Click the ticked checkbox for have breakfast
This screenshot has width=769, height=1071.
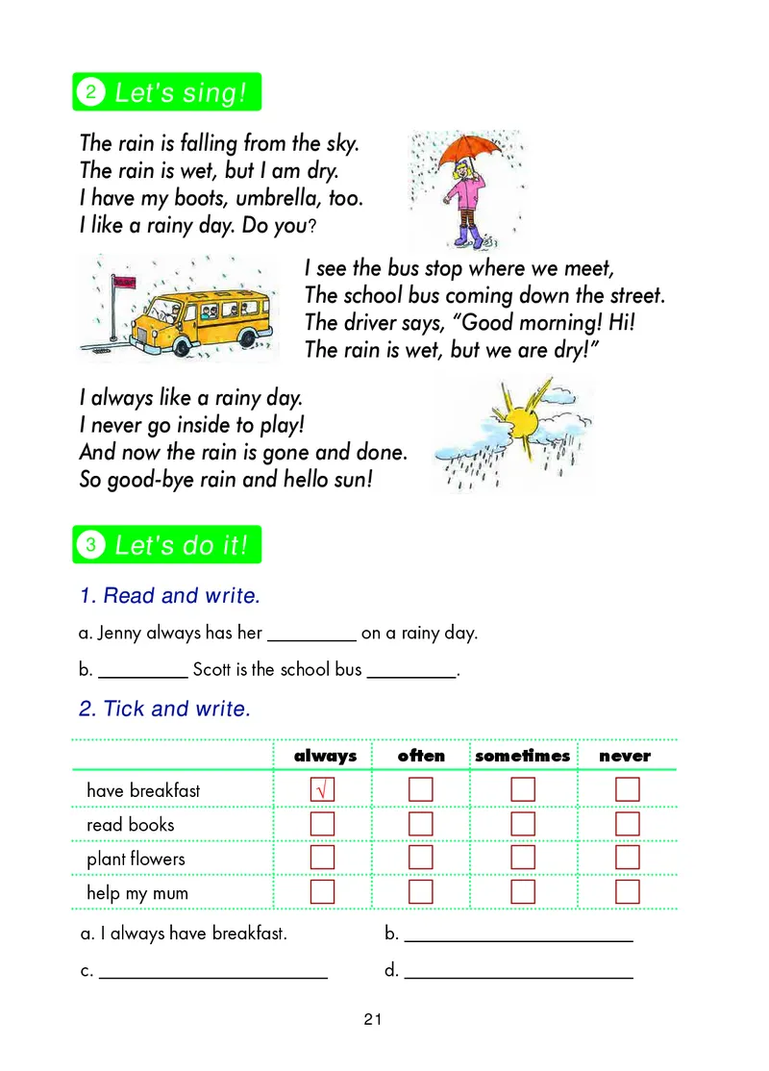tap(323, 789)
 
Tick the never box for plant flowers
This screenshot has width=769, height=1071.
tap(628, 858)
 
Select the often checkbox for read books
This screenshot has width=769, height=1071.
tap(421, 824)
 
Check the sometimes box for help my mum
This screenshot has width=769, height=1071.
tap(523, 892)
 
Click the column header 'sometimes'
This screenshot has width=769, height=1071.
tap(522, 756)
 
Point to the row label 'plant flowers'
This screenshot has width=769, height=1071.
tap(136, 859)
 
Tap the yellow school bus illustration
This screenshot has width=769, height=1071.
tap(192, 313)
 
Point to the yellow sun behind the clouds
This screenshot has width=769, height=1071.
tap(524, 421)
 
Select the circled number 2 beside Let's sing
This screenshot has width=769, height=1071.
tap(90, 92)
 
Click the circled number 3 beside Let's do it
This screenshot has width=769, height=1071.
tap(90, 545)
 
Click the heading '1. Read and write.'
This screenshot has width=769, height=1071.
tap(169, 596)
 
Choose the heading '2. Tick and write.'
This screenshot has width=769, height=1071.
tap(164, 710)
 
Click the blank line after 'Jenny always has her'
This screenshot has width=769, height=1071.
tap(311, 635)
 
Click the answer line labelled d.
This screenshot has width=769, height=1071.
tap(518, 973)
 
